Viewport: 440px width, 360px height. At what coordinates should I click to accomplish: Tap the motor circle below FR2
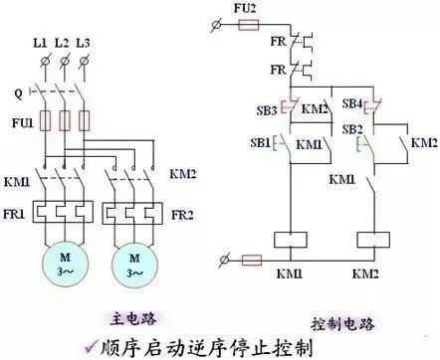click(x=133, y=266)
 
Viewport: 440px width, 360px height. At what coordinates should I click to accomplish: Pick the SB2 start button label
click(x=351, y=130)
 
